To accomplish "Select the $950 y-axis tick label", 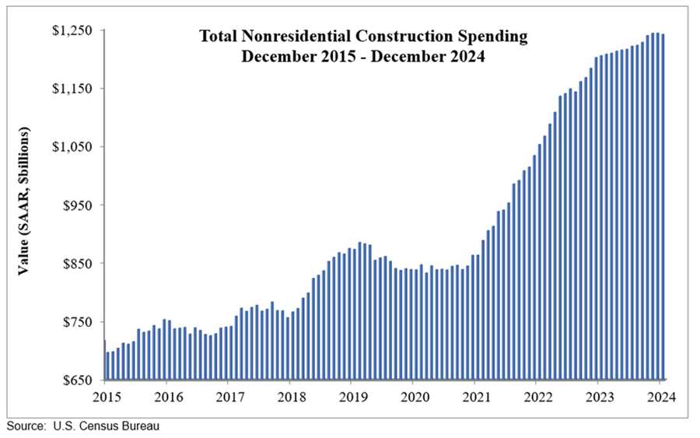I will [x=79, y=205].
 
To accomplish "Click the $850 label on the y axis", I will [x=79, y=264].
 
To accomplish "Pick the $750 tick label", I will [x=79, y=322].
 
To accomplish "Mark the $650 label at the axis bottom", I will [x=79, y=380].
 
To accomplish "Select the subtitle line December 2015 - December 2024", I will [x=363, y=57].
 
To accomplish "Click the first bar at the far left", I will [x=105, y=360].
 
